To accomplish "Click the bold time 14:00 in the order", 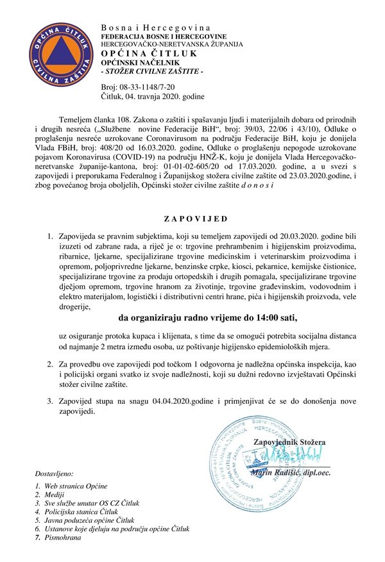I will click(256, 317).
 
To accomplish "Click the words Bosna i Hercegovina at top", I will click(155, 28).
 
